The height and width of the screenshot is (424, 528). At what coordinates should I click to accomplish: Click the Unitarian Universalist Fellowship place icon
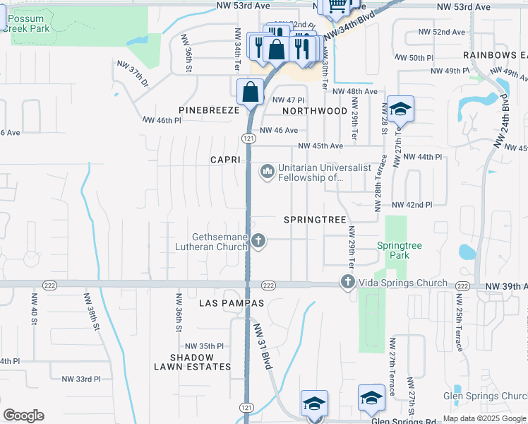[x=268, y=172]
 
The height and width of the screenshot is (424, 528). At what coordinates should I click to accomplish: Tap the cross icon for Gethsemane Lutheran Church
[x=258, y=242]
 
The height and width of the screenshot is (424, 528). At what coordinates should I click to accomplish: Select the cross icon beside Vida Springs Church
[x=347, y=283]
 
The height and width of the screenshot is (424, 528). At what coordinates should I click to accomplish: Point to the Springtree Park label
[x=399, y=250]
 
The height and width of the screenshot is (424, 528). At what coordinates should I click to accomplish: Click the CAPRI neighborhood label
[x=226, y=160]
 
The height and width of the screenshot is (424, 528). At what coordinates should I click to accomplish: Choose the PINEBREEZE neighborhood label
[x=208, y=111]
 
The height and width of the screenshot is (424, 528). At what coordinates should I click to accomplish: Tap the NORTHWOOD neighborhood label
[x=315, y=111]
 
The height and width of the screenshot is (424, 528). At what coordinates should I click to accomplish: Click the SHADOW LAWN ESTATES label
[x=192, y=363]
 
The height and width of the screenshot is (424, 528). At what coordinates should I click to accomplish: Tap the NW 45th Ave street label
[x=320, y=146]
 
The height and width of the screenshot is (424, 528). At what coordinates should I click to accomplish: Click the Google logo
[x=23, y=416]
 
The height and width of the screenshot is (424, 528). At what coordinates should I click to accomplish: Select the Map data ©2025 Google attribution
[x=484, y=418]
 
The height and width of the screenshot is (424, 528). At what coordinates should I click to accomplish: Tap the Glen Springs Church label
[x=485, y=396]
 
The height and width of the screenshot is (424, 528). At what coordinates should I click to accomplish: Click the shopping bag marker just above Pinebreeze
[x=251, y=91]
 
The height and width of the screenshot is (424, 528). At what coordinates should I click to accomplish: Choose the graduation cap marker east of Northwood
[x=400, y=109]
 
